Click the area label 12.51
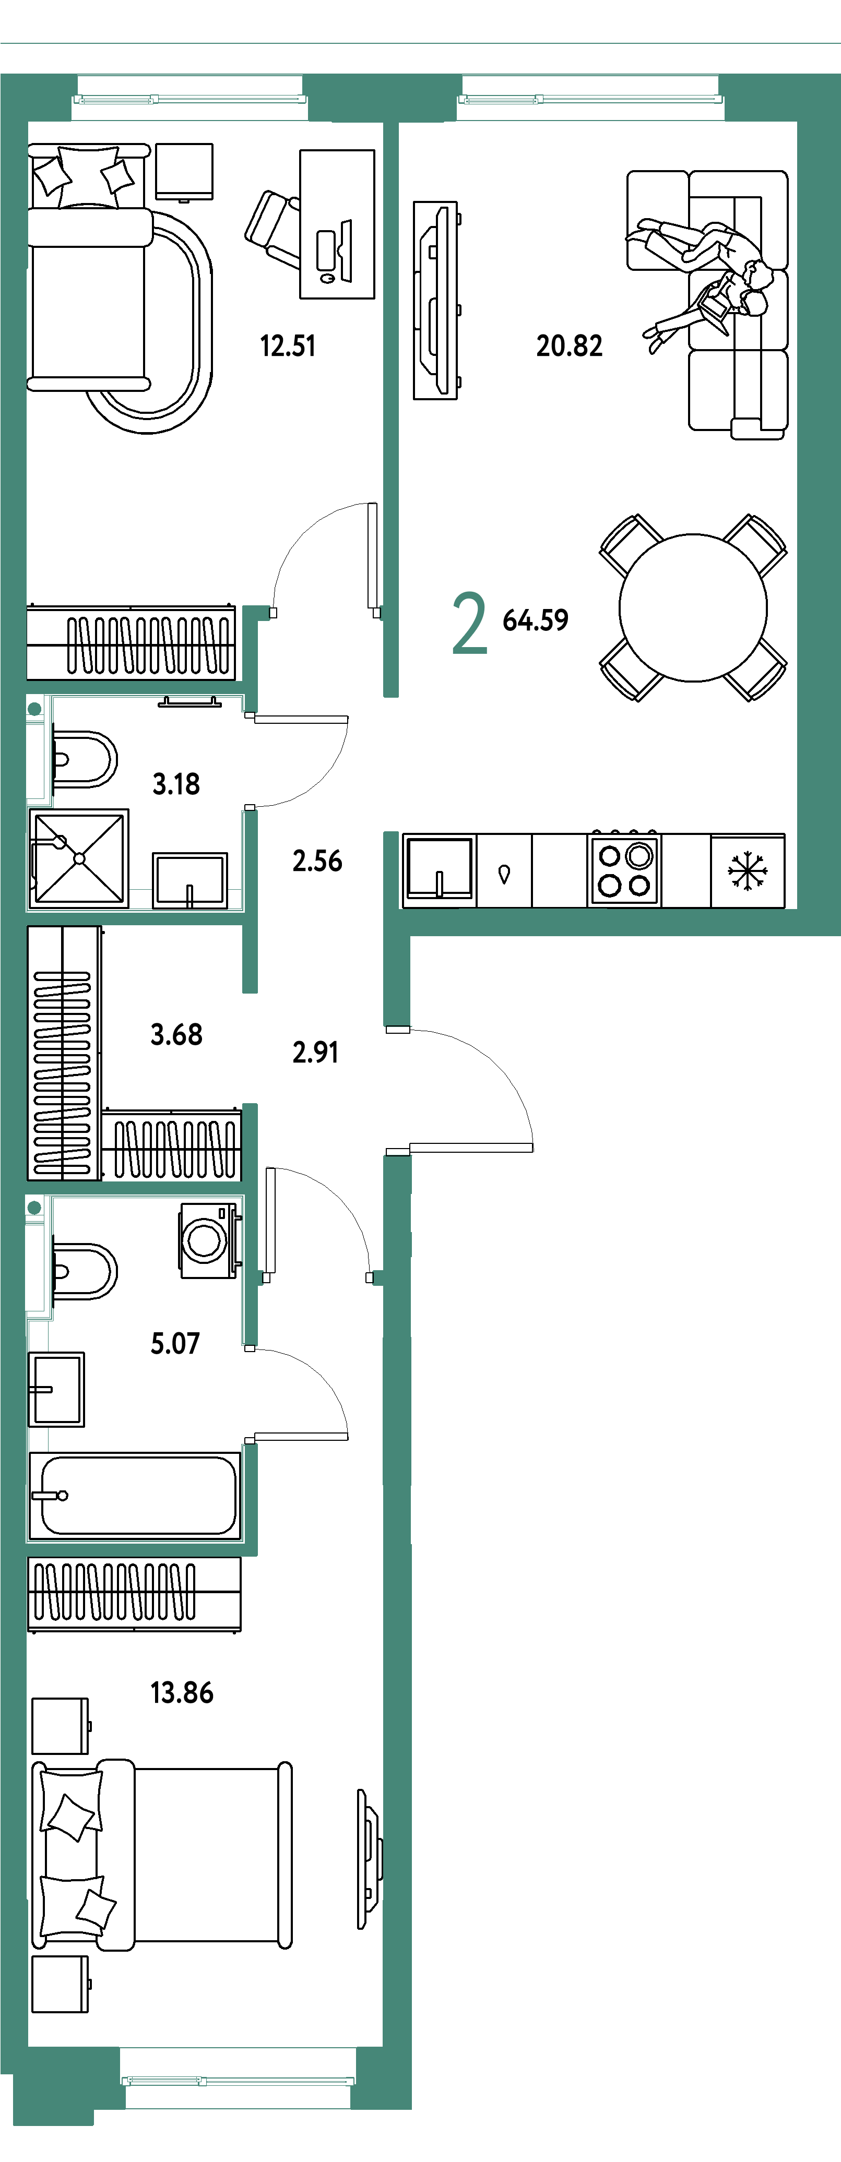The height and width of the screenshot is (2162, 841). tap(288, 346)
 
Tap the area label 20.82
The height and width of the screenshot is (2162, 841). tap(569, 346)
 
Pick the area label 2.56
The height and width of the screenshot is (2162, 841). tap(316, 861)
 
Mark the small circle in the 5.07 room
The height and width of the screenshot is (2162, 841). tap(34, 1208)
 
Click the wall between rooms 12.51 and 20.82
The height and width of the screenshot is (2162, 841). tap(390, 403)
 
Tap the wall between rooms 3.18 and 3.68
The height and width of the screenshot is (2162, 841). tap(134, 918)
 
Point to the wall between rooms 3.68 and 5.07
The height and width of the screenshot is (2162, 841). tap(134, 1188)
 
